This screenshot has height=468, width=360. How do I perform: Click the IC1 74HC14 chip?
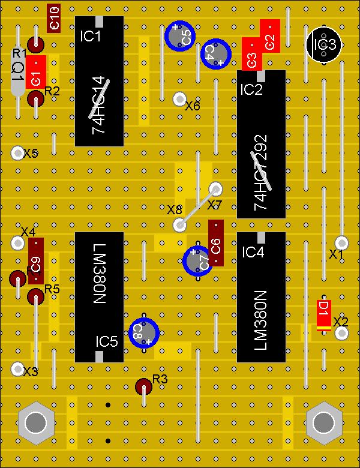click(x=99, y=81)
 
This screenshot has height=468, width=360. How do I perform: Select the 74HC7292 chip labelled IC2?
click(x=261, y=144)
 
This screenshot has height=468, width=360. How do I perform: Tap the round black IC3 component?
click(x=323, y=44)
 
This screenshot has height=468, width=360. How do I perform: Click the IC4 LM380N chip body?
click(x=261, y=297)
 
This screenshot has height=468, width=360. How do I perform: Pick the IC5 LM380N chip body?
click(x=99, y=297)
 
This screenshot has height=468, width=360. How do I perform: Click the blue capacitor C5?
click(x=179, y=35)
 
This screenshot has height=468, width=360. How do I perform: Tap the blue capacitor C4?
click(x=215, y=53)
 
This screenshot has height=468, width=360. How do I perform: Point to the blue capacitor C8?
click(x=143, y=332)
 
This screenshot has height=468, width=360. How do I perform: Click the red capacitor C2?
click(x=270, y=36)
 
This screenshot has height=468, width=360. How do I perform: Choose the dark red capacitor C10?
click(x=54, y=18)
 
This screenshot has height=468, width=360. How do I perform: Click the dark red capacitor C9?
click(x=36, y=261)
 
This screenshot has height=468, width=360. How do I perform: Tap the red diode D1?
click(x=324, y=315)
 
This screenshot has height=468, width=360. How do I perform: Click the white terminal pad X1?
click(x=341, y=242)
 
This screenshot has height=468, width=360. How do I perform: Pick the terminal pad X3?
click(x=17, y=368)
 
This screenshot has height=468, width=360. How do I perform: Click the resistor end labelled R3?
click(x=143, y=386)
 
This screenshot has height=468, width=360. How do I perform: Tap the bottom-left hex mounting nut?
click(x=35, y=422)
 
